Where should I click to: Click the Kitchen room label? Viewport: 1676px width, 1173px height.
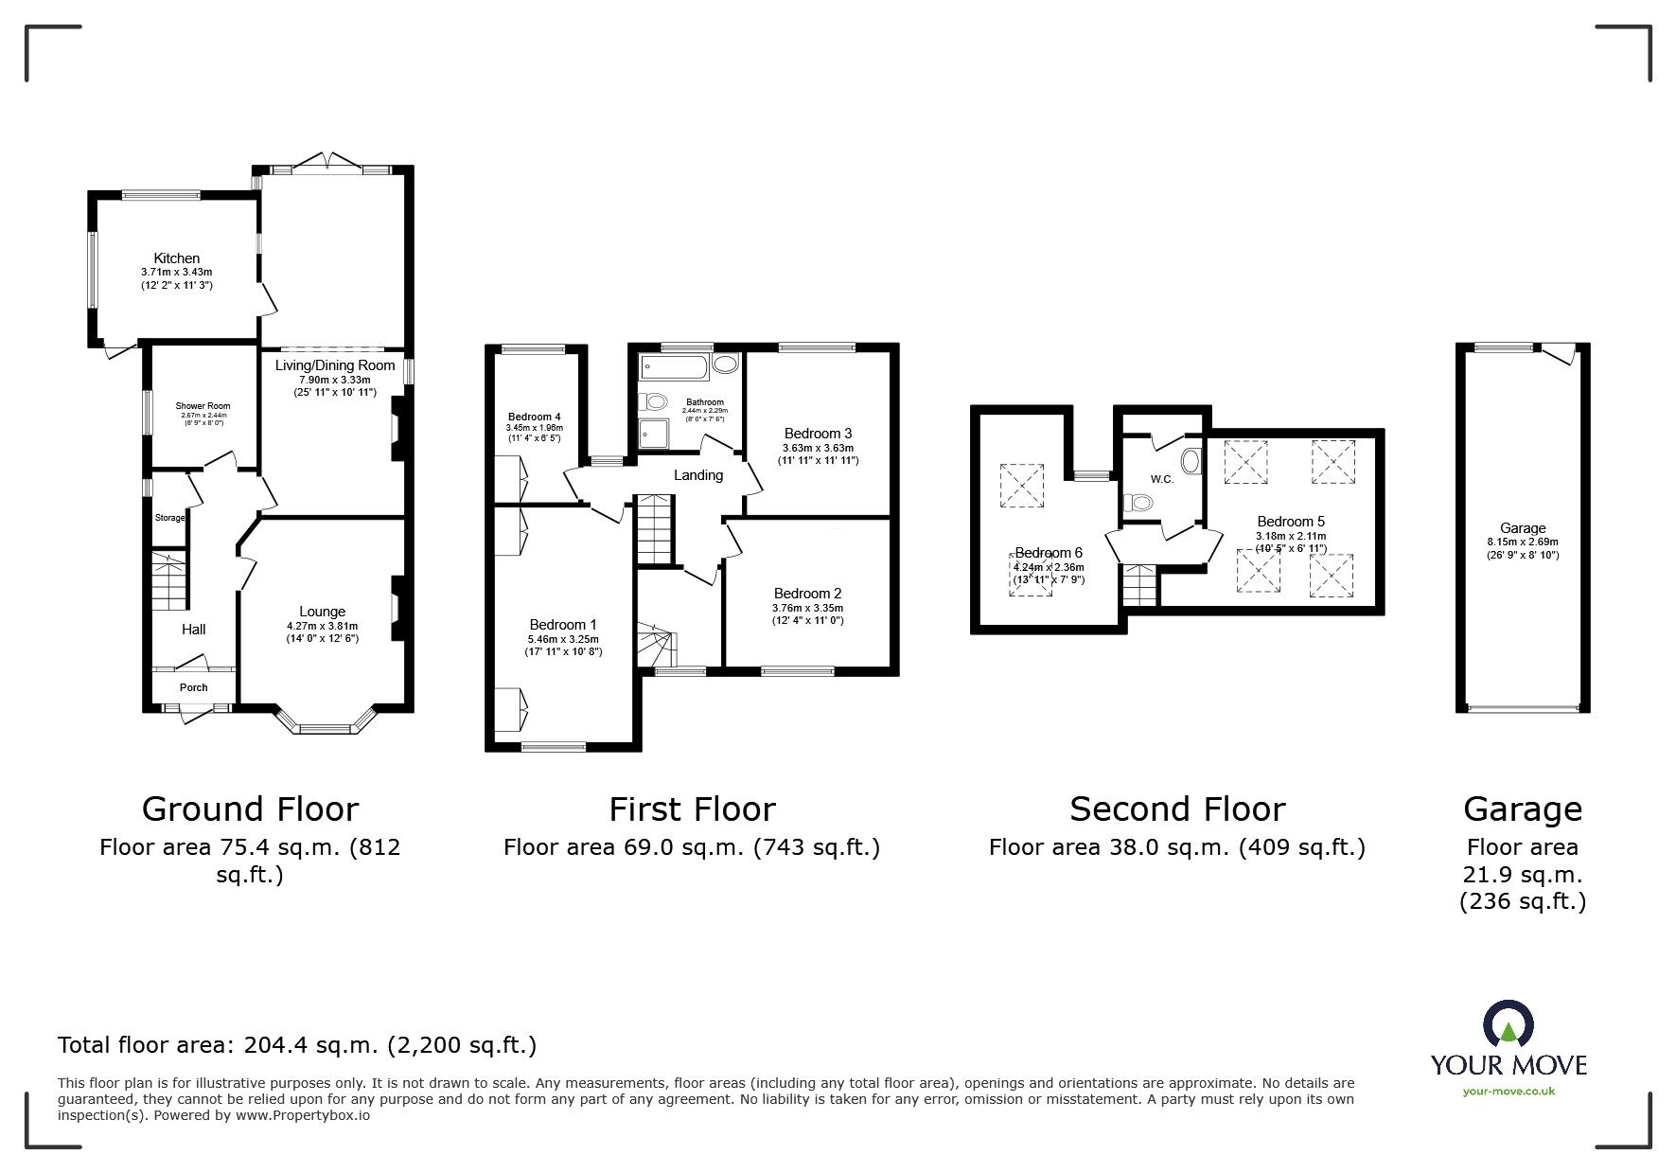point(177,258)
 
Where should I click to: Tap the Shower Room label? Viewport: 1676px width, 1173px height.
point(203,406)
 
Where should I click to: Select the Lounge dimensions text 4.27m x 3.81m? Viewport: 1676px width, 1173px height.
point(322,626)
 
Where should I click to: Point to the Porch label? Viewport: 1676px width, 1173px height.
point(193,687)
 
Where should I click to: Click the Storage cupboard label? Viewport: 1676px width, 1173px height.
point(170,518)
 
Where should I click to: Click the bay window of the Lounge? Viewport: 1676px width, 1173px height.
point(323,728)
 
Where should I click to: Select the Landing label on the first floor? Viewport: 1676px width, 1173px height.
point(698,475)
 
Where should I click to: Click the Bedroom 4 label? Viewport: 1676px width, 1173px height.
point(535,417)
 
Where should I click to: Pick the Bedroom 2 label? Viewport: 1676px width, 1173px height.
point(807,594)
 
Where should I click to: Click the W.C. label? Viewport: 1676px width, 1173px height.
point(1162,479)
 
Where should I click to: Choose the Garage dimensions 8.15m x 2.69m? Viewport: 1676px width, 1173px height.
point(1523,542)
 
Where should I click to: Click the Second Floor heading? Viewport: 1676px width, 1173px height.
point(1177,809)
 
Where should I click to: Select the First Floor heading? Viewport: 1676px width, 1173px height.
point(692,809)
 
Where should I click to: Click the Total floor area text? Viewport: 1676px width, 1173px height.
point(297,1045)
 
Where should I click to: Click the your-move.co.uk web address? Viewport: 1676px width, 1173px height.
point(1508,1092)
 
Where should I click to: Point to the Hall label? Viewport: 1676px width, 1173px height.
point(193,630)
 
